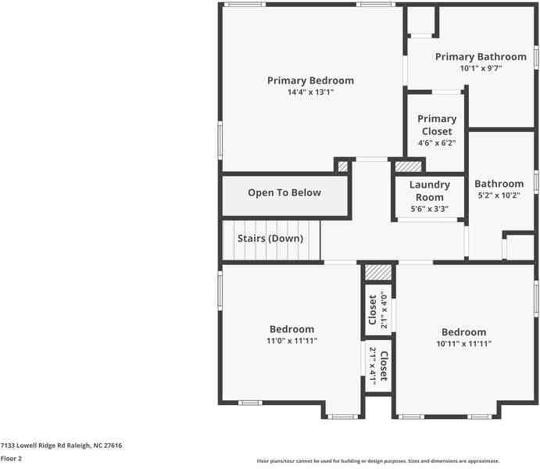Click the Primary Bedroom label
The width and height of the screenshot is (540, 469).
(310, 81)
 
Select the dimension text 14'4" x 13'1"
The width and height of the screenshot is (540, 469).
(310, 92)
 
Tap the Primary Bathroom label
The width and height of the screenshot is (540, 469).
(481, 56)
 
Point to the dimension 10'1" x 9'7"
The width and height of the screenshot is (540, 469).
(481, 68)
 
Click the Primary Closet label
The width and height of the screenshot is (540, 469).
(436, 125)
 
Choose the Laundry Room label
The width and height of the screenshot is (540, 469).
(430, 191)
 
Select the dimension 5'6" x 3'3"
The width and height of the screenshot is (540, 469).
(430, 209)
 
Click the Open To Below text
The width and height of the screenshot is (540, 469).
(284, 193)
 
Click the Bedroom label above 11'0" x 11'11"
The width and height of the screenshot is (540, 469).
(291, 329)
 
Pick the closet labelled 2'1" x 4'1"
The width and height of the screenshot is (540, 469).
(378, 366)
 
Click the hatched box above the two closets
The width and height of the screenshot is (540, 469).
(377, 271)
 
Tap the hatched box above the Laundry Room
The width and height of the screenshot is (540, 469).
(407, 166)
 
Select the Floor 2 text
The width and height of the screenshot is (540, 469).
(11, 459)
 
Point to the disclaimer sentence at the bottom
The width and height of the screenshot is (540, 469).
(378, 461)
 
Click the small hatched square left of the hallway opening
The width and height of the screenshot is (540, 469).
(342, 166)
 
